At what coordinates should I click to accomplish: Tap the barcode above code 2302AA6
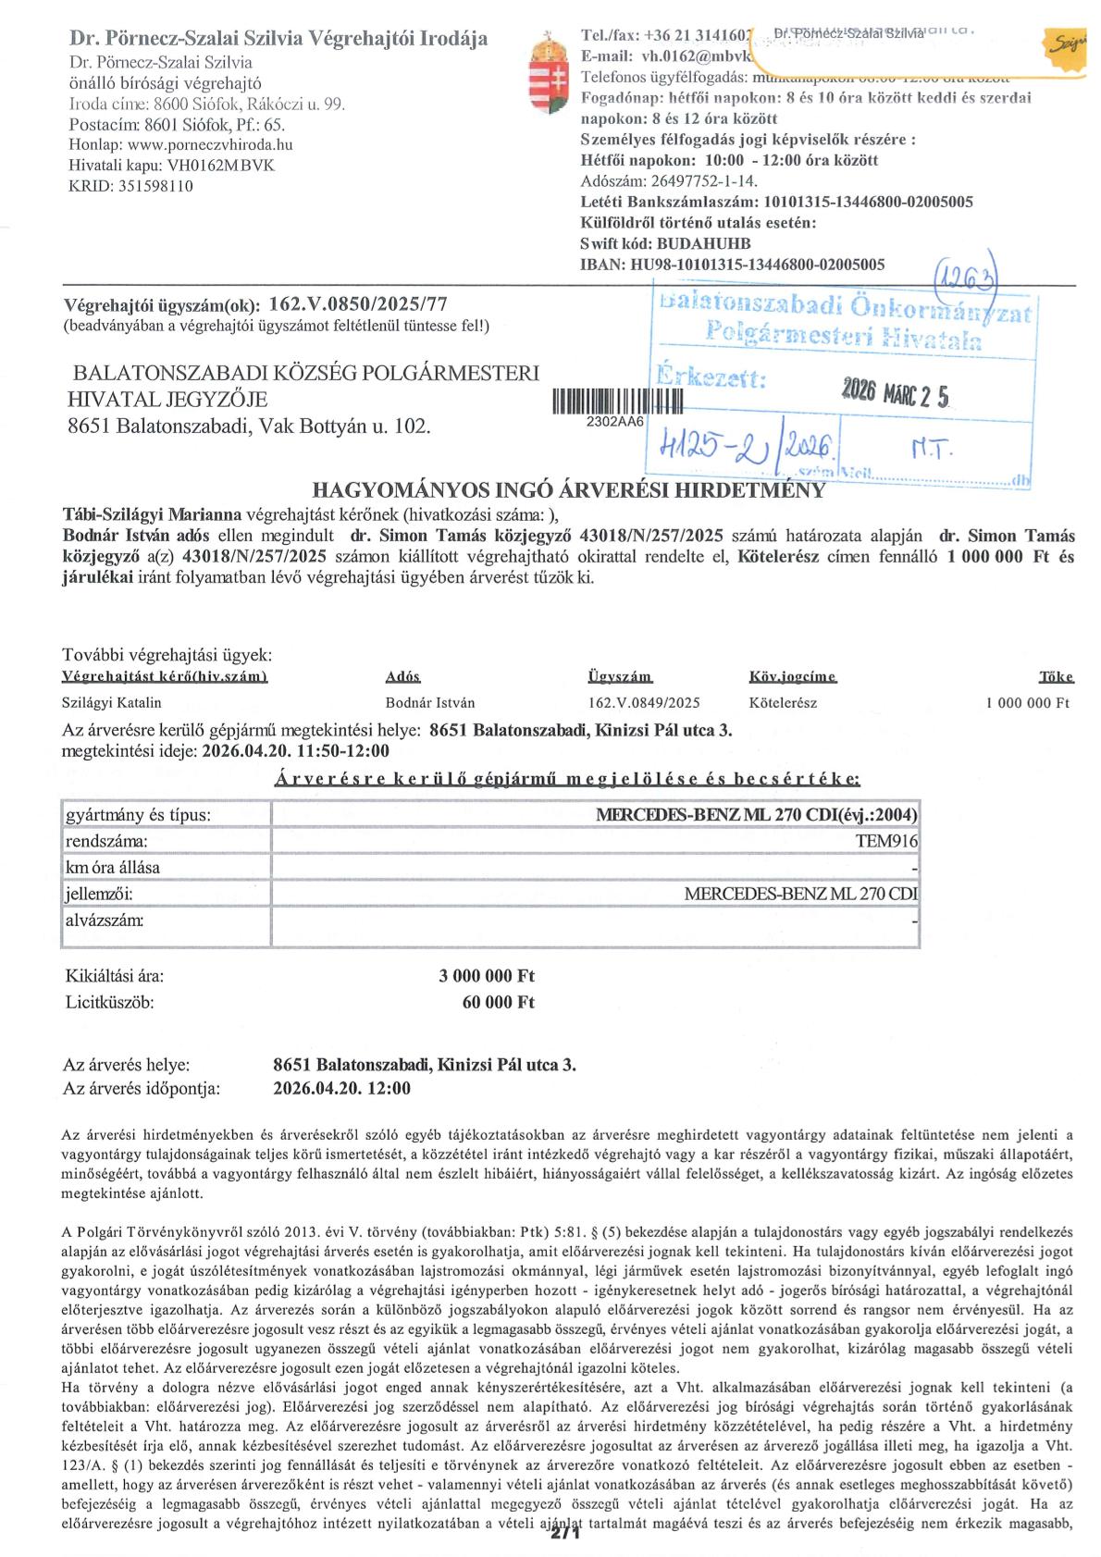(x=616, y=401)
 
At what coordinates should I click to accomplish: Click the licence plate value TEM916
(x=888, y=841)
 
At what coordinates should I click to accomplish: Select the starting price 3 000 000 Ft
(x=487, y=976)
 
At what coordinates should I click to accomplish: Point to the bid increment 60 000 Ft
(x=499, y=1002)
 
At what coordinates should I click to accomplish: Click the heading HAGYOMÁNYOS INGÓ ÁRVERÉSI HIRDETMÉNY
(x=568, y=489)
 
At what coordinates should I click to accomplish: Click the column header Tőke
(x=1054, y=677)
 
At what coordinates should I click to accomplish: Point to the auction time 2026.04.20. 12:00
(x=342, y=1089)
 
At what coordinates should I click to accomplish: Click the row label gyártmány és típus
(x=137, y=815)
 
